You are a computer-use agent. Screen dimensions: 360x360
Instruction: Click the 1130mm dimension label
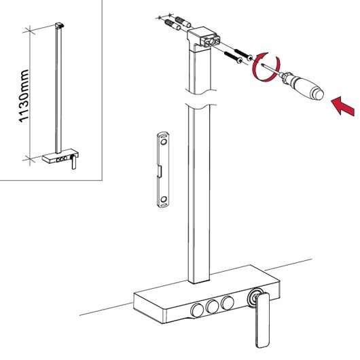pos(24,96)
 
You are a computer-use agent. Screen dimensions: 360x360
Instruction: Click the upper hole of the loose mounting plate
pos(164,142)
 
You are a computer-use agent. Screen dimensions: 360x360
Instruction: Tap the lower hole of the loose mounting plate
pos(164,199)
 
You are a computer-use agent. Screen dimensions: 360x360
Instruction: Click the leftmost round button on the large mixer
pos(198,310)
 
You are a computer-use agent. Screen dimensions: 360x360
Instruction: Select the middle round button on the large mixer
pos(212,306)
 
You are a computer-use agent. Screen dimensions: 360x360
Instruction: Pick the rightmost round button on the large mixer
pos(228,302)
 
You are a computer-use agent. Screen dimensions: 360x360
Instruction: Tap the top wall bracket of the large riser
pos(204,37)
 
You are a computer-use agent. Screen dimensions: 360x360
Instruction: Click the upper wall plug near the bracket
pos(183,22)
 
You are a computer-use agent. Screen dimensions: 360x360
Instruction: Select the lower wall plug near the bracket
pos(173,25)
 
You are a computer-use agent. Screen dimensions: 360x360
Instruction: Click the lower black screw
pos(233,57)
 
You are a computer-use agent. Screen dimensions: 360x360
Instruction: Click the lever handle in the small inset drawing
pos(73,162)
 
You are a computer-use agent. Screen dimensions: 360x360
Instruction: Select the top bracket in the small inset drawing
pos(60,25)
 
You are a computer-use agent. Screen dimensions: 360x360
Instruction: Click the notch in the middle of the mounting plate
pos(160,171)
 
